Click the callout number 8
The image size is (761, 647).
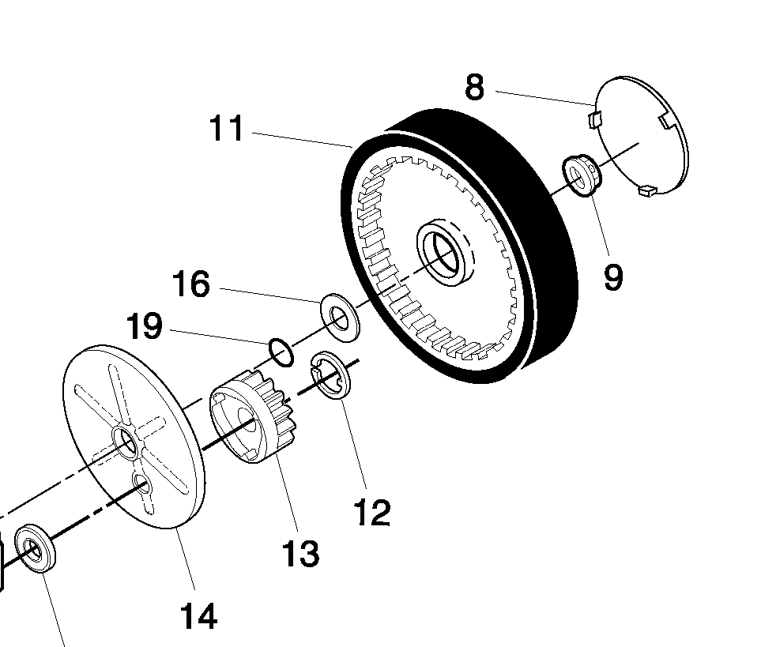pyautogui.click(x=474, y=88)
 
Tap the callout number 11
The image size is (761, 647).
pyautogui.click(x=226, y=129)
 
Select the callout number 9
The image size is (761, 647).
pyautogui.click(x=613, y=277)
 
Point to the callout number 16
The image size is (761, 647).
pyautogui.click(x=191, y=284)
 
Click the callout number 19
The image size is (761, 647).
pyautogui.click(x=144, y=326)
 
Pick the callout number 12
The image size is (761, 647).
pyautogui.click(x=372, y=513)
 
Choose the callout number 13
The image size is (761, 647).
pyautogui.click(x=301, y=554)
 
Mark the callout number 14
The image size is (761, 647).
pyautogui.click(x=198, y=616)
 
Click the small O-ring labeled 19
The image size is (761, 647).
pyautogui.click(x=281, y=352)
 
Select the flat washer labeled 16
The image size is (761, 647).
pyautogui.click(x=341, y=318)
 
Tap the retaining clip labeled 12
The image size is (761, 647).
pyautogui.click(x=330, y=376)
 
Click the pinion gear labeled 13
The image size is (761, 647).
pyautogui.click(x=254, y=416)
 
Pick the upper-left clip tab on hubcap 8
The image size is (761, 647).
pyautogui.click(x=594, y=118)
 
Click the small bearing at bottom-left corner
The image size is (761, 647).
pyautogui.click(x=35, y=548)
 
